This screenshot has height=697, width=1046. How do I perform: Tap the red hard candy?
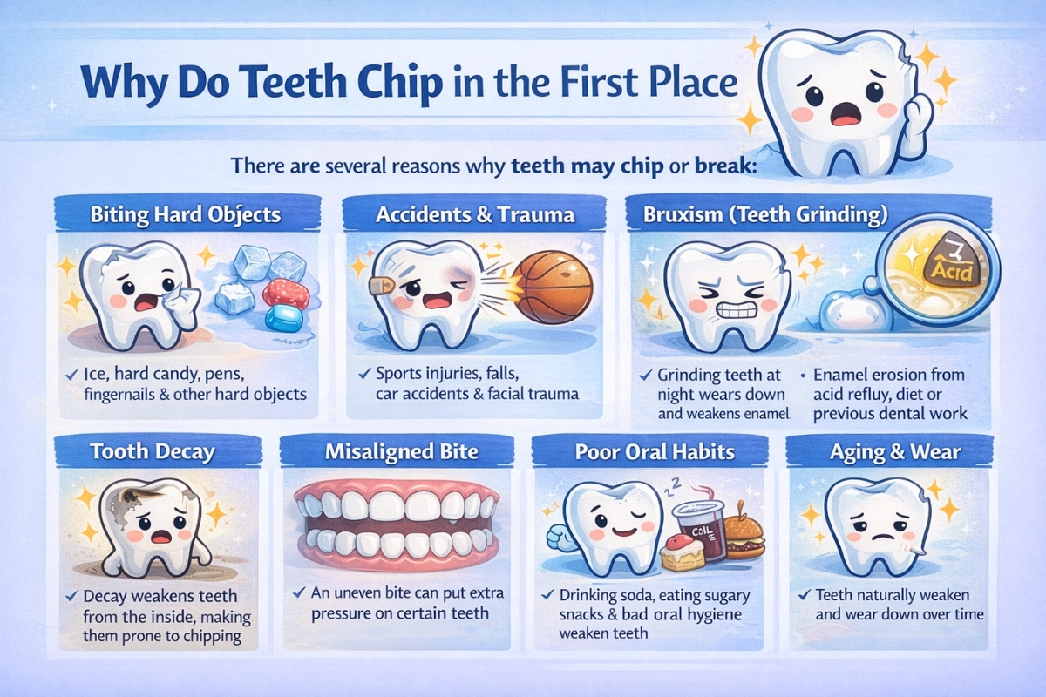pos(285,294)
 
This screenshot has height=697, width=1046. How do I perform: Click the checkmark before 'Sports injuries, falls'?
pos(364,374)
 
